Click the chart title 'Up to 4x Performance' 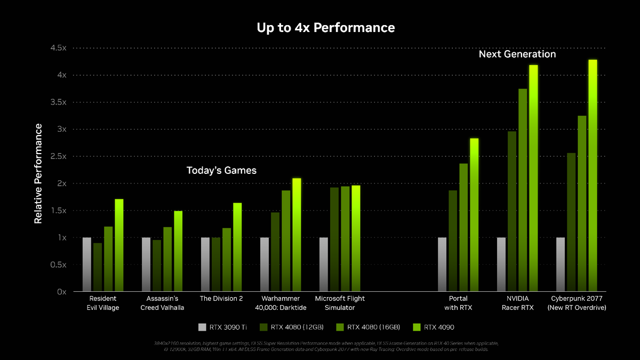[x=326, y=28]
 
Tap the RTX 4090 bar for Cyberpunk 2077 [x=593, y=176]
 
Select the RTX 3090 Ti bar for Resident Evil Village [x=86, y=265]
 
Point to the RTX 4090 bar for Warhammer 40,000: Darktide [x=297, y=235]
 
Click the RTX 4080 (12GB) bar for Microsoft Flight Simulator [x=334, y=239]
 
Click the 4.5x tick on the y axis [x=58, y=48]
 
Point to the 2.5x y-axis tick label [x=58, y=156]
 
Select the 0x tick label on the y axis [x=61, y=292]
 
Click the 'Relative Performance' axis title [x=38, y=173]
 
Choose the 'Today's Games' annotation [x=221, y=171]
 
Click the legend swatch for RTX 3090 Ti [x=202, y=327]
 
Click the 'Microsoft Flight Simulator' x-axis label [x=340, y=303]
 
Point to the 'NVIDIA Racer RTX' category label [x=517, y=303]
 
